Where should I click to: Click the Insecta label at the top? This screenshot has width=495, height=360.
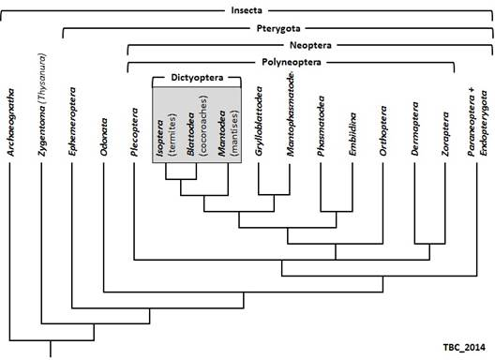pos(248,12)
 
